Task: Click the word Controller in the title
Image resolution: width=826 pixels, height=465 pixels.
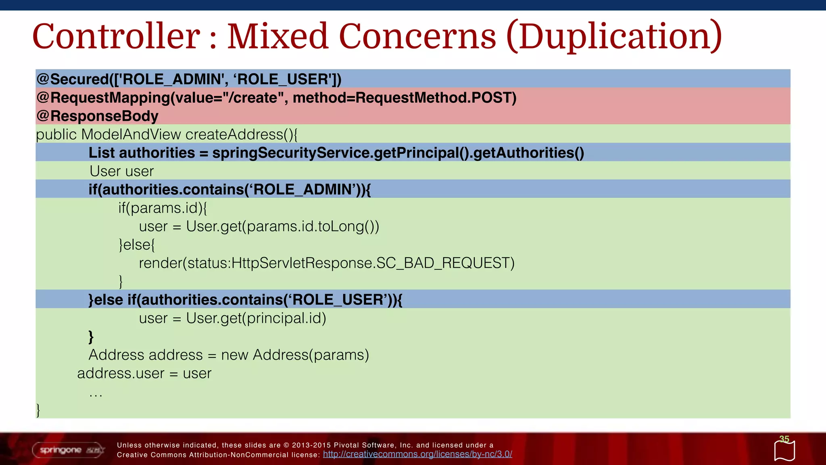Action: point(116,36)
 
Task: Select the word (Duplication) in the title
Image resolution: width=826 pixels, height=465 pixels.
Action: point(614,36)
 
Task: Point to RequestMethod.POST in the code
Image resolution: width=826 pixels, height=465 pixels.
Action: point(436,98)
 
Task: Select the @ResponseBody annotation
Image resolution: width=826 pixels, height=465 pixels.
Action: point(98,116)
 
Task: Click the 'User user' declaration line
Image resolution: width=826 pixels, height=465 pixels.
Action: point(122,171)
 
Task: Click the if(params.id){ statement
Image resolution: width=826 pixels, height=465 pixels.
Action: point(163,208)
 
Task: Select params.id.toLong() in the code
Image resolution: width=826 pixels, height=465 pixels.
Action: point(313,226)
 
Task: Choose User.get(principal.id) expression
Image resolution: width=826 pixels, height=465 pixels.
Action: point(256,318)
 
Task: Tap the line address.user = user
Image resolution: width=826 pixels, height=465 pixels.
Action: point(144,373)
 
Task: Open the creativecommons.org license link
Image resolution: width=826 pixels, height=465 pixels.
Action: point(417,455)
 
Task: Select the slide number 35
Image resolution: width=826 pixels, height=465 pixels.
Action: point(784,439)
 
